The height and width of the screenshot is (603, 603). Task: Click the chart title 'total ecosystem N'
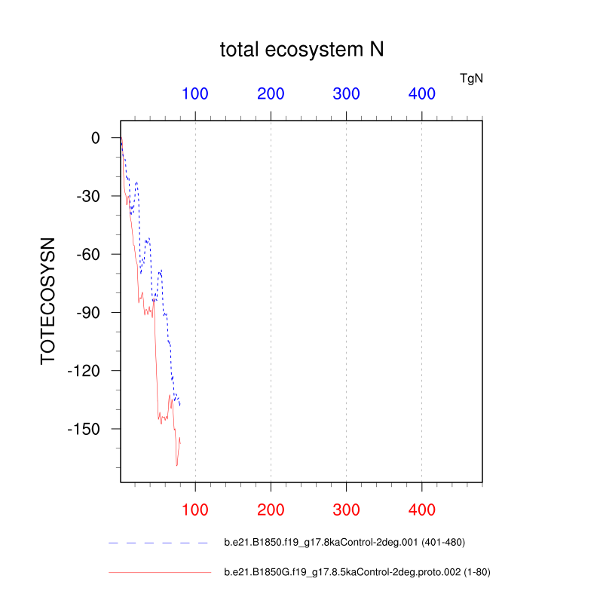301,50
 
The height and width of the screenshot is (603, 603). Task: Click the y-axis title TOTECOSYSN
48,301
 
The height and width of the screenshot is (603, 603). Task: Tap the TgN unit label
471,78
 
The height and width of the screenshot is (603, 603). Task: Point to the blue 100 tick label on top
195,94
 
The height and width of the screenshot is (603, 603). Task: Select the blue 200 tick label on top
271,94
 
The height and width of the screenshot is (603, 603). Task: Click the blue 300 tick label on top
346,94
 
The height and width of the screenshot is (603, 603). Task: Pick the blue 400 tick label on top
421,94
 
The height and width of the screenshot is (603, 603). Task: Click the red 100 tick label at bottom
195,510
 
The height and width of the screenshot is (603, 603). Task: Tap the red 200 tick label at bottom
271,510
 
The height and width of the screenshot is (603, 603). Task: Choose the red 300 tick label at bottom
346,510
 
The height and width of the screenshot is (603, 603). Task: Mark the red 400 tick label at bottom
421,510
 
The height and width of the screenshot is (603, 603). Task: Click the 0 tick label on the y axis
96,138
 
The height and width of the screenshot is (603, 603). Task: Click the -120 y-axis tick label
84,371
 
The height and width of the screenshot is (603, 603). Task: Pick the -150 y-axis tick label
84,429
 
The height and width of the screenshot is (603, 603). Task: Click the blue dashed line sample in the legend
158,543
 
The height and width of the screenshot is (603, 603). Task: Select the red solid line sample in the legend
160,573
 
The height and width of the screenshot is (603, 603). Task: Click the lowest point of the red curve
176,466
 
